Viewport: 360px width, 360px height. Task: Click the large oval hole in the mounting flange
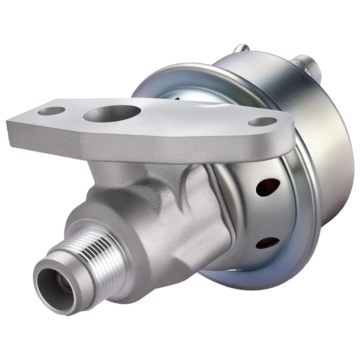pos(112,113)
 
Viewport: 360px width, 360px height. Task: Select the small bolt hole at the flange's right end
pos(262,122)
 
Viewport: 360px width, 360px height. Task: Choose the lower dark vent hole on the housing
pos(267,243)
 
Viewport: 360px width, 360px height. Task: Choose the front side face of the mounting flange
pos(150,144)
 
